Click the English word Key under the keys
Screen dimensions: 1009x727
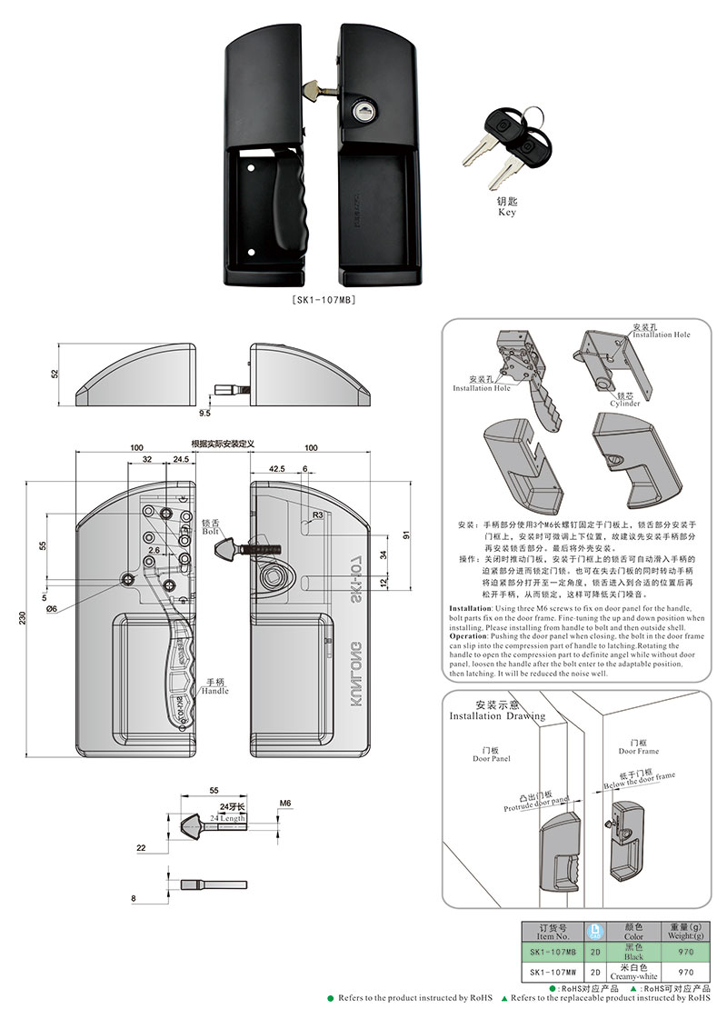pos(507,212)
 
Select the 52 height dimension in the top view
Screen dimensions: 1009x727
pos(55,375)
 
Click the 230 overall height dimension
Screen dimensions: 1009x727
pos(21,617)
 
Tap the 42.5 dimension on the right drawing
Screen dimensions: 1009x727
pos(276,468)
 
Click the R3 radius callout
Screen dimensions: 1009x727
pos(317,514)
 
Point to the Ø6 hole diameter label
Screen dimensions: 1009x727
pos(51,609)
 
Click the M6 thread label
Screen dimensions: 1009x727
pos(284,804)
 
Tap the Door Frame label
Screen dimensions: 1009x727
pos(639,751)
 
